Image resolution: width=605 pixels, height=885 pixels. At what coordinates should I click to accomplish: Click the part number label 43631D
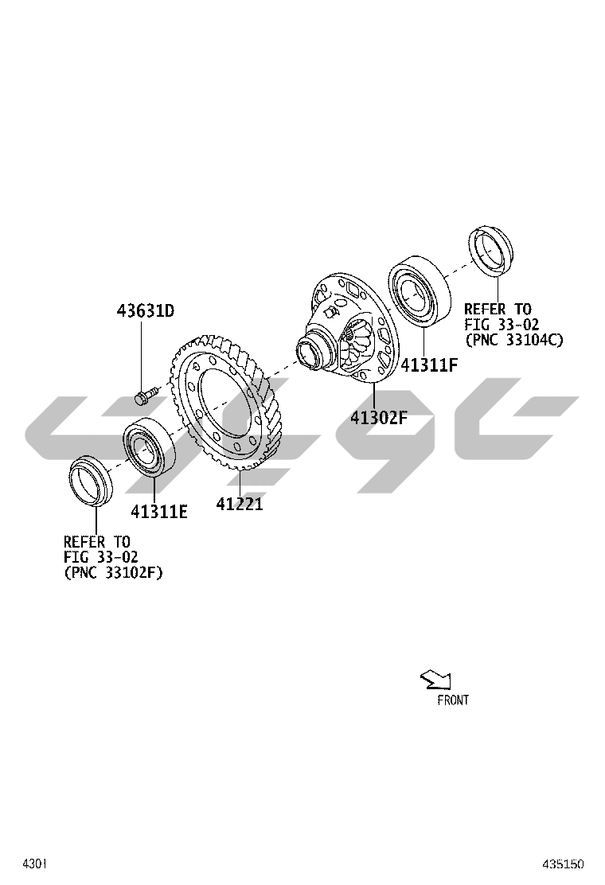pyautogui.click(x=146, y=310)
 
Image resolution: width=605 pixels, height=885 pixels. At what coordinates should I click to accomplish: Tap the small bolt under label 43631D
pyautogui.click(x=144, y=395)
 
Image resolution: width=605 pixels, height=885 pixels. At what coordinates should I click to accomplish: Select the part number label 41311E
pyautogui.click(x=159, y=512)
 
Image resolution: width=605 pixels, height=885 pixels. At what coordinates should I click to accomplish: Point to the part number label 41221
pyautogui.click(x=240, y=504)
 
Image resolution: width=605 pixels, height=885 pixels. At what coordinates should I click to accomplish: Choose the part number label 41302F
pyautogui.click(x=379, y=418)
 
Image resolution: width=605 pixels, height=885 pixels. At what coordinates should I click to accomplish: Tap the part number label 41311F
pyautogui.click(x=429, y=365)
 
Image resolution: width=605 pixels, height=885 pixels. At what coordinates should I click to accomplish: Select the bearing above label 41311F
pyautogui.click(x=420, y=291)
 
